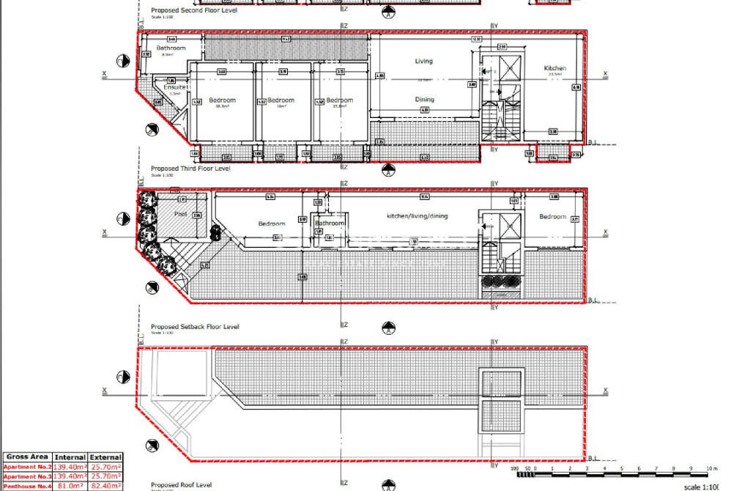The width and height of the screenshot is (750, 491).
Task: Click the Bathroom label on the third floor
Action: coord(171,48)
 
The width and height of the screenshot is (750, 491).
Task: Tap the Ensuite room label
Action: coord(174,87)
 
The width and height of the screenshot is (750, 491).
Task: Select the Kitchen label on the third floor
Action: coord(555,68)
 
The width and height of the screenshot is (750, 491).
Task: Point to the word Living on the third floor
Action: coord(424,62)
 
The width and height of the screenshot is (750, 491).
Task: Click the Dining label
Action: coord(424,100)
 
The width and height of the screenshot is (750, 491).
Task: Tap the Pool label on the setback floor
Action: coord(180,215)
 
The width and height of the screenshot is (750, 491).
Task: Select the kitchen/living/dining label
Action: coord(417,216)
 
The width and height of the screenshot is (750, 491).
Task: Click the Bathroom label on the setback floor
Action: coord(330,224)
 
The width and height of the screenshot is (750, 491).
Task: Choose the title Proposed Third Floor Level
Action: coord(190,169)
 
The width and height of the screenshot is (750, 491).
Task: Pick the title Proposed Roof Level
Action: coord(181,485)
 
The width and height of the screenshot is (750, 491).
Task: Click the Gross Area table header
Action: coord(26,457)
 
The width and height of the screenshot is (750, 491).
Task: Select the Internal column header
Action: coord(70,457)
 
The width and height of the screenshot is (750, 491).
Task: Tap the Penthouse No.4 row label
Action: coord(26,486)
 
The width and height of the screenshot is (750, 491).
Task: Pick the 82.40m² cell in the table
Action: coord(105,486)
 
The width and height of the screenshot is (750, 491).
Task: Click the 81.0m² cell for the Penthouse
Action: coord(70,486)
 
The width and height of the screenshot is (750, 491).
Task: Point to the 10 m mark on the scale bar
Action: coord(709,468)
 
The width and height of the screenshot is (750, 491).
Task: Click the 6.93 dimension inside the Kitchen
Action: coord(576,87)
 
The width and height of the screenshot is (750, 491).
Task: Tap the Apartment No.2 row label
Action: coord(26,467)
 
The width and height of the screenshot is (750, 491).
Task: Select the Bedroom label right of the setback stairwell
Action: coord(553,217)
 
